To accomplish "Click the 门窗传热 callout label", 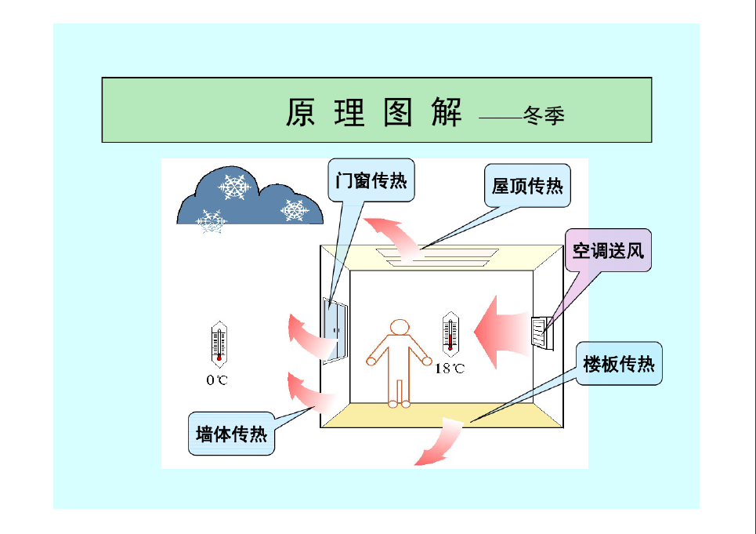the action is click(371, 180).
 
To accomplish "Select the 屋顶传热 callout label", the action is click(527, 186).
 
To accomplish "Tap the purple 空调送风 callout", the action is click(609, 250).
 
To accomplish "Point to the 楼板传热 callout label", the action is click(619, 364).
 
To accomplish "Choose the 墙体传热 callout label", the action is click(231, 434).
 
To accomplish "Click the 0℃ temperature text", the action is click(216, 380).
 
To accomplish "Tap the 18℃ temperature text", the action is click(450, 369).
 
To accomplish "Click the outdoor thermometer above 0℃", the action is click(219, 344).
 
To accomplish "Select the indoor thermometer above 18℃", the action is click(450, 334).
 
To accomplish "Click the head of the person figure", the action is click(400, 326).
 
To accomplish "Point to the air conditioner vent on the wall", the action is click(542, 332).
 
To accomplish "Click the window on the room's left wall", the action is click(335, 331).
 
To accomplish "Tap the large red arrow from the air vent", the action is click(501, 332).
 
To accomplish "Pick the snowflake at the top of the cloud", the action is click(235, 187).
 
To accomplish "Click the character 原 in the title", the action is click(300, 112).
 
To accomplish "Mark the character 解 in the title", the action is click(447, 112).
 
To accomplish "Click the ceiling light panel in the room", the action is click(437, 257).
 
